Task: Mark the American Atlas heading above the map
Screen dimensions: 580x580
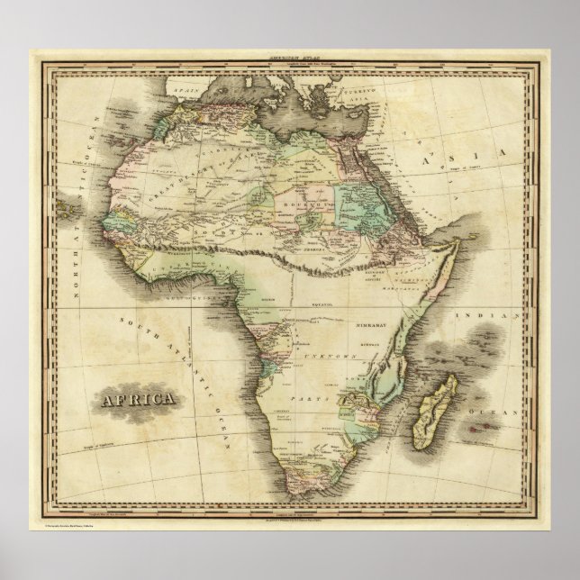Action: click(x=289, y=56)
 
